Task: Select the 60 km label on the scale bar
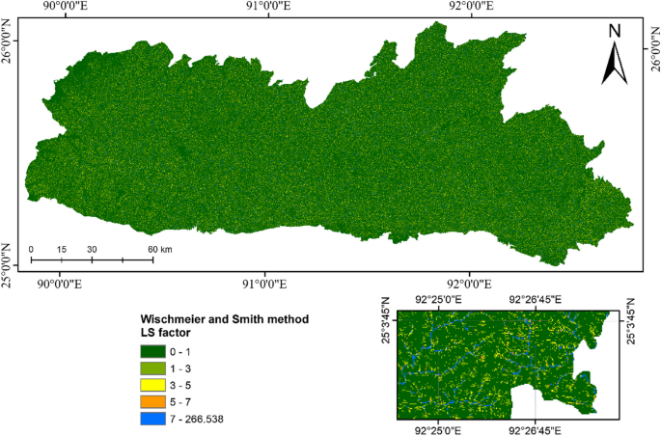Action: [x=159, y=250]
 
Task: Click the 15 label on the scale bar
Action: [x=61, y=250]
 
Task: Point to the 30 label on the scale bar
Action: [x=92, y=250]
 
